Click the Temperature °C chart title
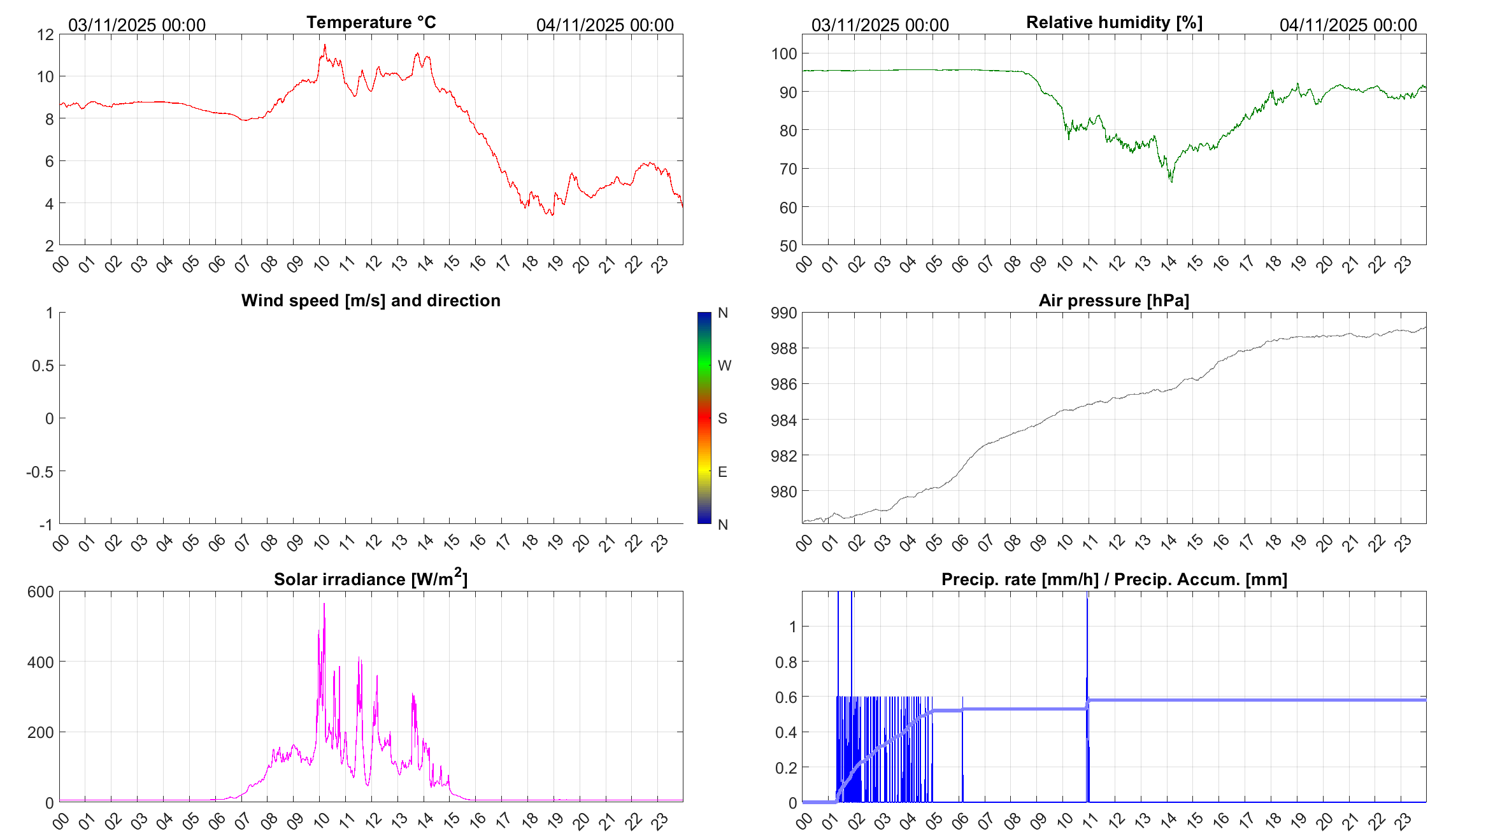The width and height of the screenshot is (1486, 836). pyautogui.click(x=371, y=22)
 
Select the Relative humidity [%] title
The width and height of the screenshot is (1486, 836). pyautogui.click(x=1114, y=22)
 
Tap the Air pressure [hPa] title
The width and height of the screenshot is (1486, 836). pyautogui.click(x=1113, y=301)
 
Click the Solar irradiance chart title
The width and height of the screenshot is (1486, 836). pyautogui.click(x=370, y=579)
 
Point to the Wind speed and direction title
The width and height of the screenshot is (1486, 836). pyautogui.click(x=371, y=301)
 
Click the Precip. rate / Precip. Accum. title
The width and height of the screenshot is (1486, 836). pyautogui.click(x=1114, y=579)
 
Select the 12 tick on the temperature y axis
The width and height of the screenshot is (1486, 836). pyautogui.click(x=46, y=35)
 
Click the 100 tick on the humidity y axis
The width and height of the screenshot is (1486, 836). pyautogui.click(x=784, y=53)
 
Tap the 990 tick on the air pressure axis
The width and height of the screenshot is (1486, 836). pyautogui.click(x=784, y=313)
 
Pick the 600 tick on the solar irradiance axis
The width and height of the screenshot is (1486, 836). pyautogui.click(x=41, y=592)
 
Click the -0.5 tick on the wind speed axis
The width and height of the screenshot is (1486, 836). pyautogui.click(x=39, y=472)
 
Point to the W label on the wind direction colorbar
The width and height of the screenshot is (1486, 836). pyautogui.click(x=724, y=365)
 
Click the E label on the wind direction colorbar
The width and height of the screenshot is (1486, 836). pyautogui.click(x=722, y=472)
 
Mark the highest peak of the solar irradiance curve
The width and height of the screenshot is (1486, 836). pyautogui.click(x=324, y=604)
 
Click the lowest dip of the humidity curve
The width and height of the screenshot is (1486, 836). pyautogui.click(x=1171, y=182)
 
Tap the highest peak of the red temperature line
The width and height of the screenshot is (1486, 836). pyautogui.click(x=325, y=45)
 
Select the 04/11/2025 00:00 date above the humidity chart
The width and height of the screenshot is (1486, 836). pyautogui.click(x=1348, y=25)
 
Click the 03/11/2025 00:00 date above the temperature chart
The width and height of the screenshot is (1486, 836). pyautogui.click(x=137, y=25)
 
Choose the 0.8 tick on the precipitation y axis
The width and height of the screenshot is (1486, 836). pyautogui.click(x=785, y=662)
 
